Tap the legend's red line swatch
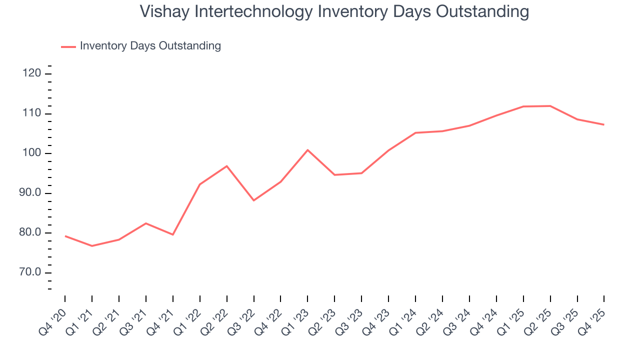(x=68, y=46)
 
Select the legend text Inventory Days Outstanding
(x=150, y=46)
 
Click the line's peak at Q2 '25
(x=550, y=106)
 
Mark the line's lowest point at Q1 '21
(x=92, y=246)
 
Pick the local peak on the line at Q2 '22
(x=227, y=166)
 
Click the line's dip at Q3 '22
(x=254, y=200)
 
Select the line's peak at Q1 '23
(x=307, y=150)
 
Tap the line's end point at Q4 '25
(x=604, y=124)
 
